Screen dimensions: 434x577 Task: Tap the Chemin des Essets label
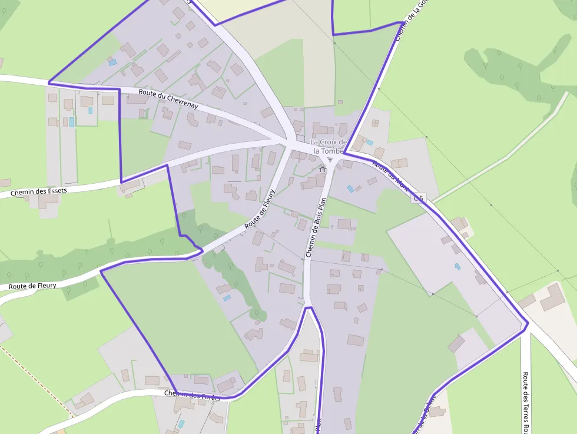coord(39,191)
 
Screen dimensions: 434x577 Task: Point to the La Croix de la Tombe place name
coord(329,146)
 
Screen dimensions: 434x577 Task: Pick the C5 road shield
coord(418,198)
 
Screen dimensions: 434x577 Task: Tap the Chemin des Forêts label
coord(193,395)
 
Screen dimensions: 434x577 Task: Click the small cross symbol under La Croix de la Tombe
coord(330,160)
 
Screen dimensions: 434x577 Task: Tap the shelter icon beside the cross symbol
coord(322,169)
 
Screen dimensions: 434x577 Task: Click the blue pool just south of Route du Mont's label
coord(350,189)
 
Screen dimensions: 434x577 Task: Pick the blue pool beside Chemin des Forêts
coord(181,423)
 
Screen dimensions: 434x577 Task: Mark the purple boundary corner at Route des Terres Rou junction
coord(527,323)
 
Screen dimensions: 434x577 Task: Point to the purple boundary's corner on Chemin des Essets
coord(121,182)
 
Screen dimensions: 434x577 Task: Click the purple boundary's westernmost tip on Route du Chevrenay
coord(49,83)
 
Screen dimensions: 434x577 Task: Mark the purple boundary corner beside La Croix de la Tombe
coord(344,153)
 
